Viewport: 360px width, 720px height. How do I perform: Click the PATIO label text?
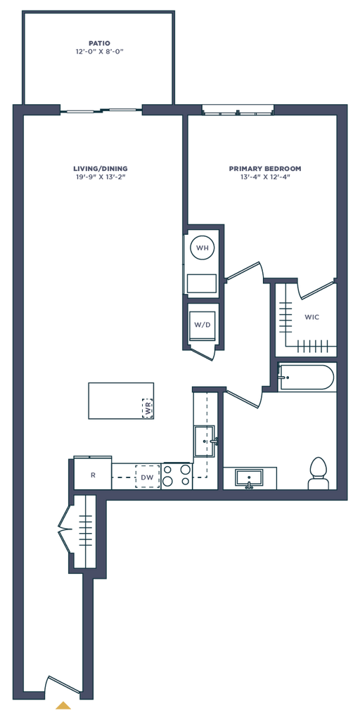(100, 43)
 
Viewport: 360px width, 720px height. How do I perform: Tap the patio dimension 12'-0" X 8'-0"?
(100, 52)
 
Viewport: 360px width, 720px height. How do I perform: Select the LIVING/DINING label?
(100, 169)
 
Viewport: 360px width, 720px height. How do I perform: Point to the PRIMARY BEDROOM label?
(265, 169)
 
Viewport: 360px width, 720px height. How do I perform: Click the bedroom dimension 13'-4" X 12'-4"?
(265, 176)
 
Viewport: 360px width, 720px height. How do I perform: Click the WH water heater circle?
(202, 248)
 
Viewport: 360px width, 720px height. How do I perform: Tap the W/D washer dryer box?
(202, 325)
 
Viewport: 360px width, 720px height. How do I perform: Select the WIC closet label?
(311, 317)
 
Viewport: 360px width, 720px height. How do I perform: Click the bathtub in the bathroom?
(307, 378)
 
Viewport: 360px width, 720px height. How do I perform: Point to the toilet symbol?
(317, 473)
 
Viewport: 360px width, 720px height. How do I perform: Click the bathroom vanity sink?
(249, 478)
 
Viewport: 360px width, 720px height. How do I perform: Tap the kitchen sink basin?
(205, 441)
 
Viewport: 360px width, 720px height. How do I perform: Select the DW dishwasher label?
(147, 477)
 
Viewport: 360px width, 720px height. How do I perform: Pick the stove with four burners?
(176, 476)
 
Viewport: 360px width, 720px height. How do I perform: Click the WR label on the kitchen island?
(148, 409)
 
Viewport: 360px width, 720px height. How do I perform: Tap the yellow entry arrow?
(63, 705)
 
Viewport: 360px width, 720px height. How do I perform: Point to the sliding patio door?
(101, 110)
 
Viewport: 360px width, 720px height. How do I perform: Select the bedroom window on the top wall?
(238, 110)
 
